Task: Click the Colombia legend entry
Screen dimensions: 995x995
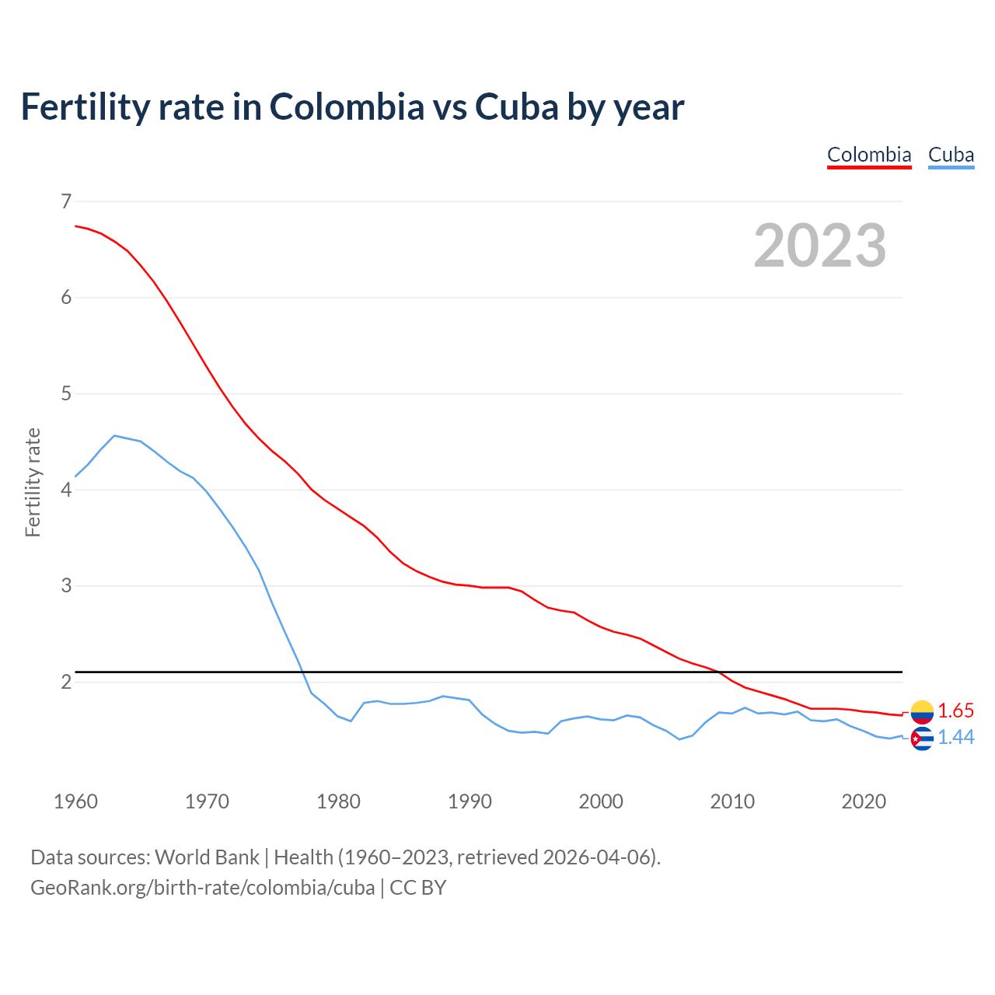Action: coord(869,155)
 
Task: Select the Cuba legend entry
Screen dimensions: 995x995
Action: coord(951,155)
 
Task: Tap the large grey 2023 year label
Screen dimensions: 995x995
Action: coord(819,246)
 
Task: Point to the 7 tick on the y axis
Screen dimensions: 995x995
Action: coord(66,201)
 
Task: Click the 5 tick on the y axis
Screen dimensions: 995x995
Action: coord(66,393)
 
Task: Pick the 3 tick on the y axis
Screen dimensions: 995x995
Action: coord(66,585)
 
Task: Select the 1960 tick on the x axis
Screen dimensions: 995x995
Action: coord(75,801)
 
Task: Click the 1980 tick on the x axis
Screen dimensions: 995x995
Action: coord(338,801)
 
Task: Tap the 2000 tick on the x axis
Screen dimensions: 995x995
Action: coord(601,801)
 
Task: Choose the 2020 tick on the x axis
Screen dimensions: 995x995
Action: coord(864,801)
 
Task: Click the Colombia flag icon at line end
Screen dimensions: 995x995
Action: coord(922,711)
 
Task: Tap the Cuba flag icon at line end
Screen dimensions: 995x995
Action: coord(922,738)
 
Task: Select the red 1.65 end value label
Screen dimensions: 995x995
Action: coord(955,710)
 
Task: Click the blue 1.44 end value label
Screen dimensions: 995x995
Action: coord(955,737)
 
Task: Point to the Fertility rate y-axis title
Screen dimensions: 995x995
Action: coord(33,482)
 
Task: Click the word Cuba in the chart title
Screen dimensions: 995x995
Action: coord(517,106)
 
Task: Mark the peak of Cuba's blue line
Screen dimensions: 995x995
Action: coord(114,435)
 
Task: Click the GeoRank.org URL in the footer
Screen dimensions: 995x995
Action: coord(202,887)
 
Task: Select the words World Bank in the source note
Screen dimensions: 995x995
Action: coord(207,857)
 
